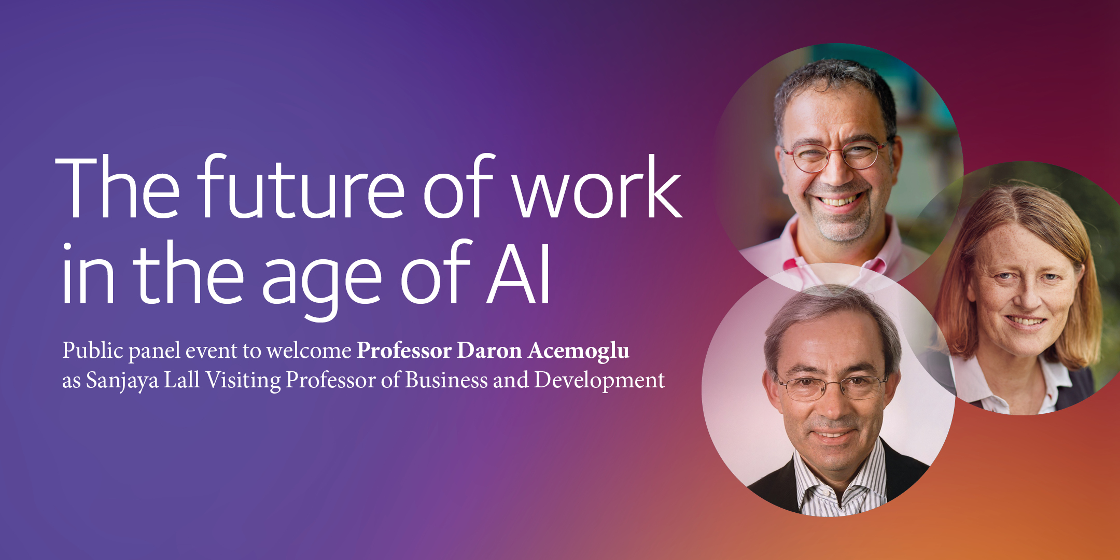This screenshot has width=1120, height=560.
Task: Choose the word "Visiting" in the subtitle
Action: [x=243, y=381]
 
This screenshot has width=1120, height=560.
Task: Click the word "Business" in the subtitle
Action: [x=446, y=380]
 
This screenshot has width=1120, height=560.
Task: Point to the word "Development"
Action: [x=599, y=381]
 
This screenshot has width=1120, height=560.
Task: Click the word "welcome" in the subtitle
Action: [x=309, y=351]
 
